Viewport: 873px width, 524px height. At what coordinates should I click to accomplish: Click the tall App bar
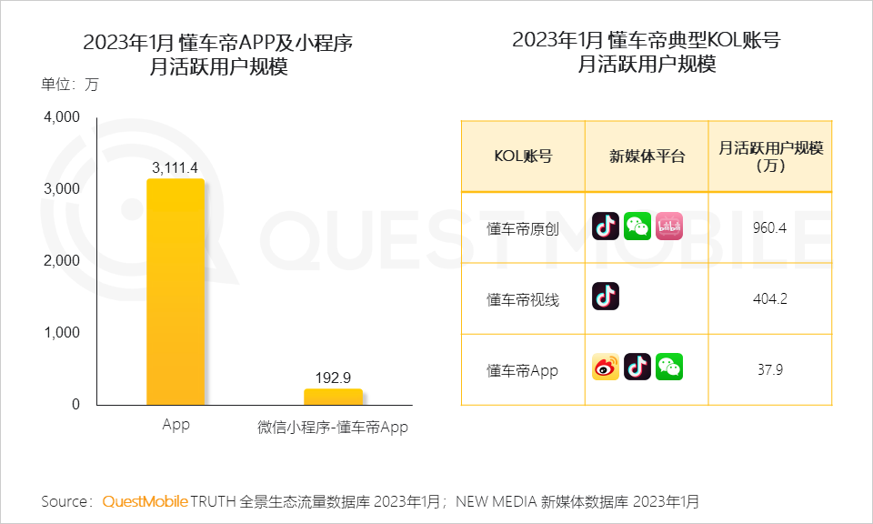(176, 291)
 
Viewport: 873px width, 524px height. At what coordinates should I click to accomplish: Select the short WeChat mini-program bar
(333, 397)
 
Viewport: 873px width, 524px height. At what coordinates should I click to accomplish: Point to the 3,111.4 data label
(176, 167)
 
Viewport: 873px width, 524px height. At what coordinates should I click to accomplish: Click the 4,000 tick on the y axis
(63, 117)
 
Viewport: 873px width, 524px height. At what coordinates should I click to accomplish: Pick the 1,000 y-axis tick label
(63, 333)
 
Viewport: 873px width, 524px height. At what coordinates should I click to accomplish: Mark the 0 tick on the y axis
(75, 404)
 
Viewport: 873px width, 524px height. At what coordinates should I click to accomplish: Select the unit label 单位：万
(69, 86)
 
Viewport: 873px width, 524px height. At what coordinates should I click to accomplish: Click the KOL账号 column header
(523, 156)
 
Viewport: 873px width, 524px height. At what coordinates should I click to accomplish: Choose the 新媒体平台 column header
(647, 156)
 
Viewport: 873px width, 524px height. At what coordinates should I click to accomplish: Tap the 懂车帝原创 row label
(523, 227)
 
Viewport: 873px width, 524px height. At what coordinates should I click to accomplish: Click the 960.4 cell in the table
(769, 227)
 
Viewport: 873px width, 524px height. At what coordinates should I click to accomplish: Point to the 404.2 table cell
(769, 298)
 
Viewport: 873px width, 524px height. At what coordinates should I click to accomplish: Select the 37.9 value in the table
(769, 369)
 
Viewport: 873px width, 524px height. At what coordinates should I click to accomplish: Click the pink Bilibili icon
(669, 226)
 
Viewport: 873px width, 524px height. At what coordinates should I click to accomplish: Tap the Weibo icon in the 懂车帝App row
(606, 367)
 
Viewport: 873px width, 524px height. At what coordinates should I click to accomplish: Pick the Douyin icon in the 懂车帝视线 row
(606, 296)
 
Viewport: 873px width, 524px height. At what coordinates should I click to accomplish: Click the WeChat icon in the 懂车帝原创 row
(637, 226)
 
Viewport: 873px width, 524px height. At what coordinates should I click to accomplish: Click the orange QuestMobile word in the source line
(145, 501)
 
